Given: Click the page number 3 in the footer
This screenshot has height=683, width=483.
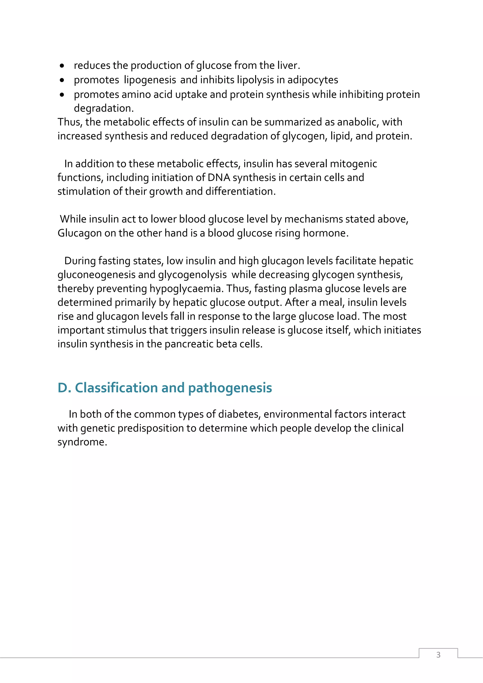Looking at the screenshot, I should point(438,654).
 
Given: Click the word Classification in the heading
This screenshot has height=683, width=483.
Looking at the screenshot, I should point(116,388).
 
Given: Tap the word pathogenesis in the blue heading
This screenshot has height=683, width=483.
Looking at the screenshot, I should point(230,388).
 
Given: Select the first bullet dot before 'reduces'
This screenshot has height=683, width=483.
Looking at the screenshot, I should point(62,66).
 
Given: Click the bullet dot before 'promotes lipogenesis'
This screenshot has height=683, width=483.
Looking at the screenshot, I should point(62,80).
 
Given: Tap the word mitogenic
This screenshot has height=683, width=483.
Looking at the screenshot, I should point(353,163).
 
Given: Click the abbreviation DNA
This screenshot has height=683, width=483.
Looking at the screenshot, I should point(219,178).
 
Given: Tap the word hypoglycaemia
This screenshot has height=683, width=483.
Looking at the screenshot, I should point(186,289).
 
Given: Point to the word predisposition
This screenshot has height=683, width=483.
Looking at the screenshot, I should point(151,428).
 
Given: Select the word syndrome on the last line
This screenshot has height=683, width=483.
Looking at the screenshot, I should point(82,442).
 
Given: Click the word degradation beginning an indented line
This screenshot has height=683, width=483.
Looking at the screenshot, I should point(103,108).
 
